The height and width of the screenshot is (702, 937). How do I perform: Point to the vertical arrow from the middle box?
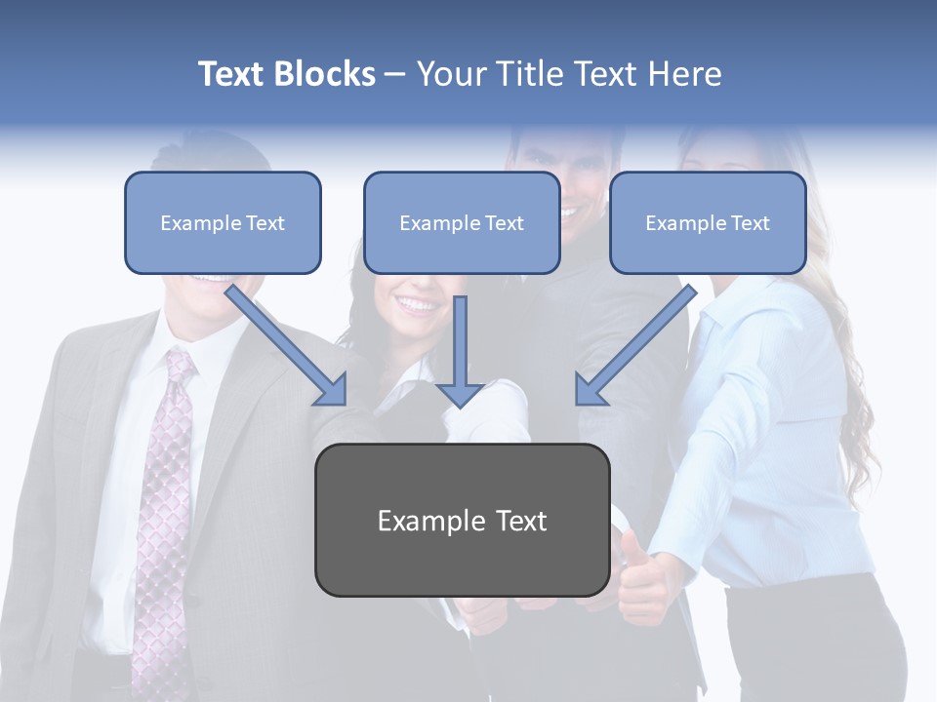pyautogui.click(x=460, y=351)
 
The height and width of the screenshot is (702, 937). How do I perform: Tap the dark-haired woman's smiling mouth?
pyautogui.click(x=417, y=305)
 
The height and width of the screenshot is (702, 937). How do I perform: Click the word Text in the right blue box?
pyautogui.click(x=750, y=223)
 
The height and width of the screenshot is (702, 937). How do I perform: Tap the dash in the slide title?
pyautogui.click(x=395, y=74)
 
